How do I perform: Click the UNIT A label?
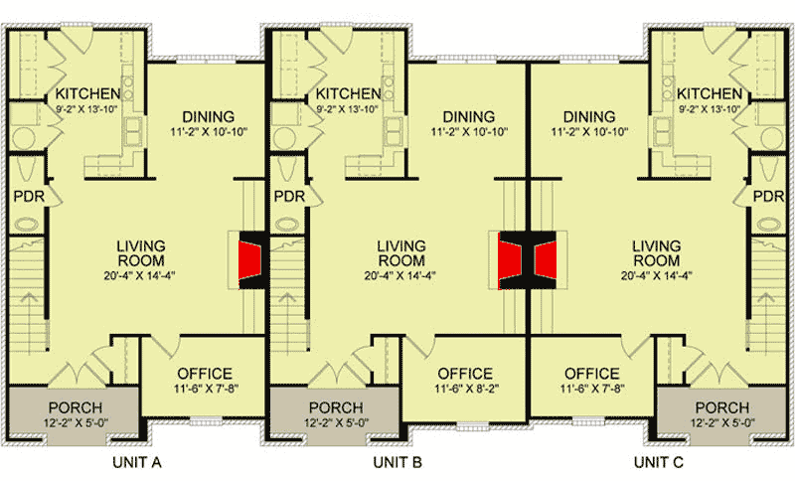coord(136,463)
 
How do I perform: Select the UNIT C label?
coord(661,463)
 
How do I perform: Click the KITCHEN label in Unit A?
coord(87,94)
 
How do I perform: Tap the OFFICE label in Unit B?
coord(464,375)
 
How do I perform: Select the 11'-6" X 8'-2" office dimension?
coord(464,391)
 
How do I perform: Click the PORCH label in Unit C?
coord(721,408)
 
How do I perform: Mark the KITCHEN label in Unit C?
coord(709,94)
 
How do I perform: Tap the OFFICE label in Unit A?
coord(203,375)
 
